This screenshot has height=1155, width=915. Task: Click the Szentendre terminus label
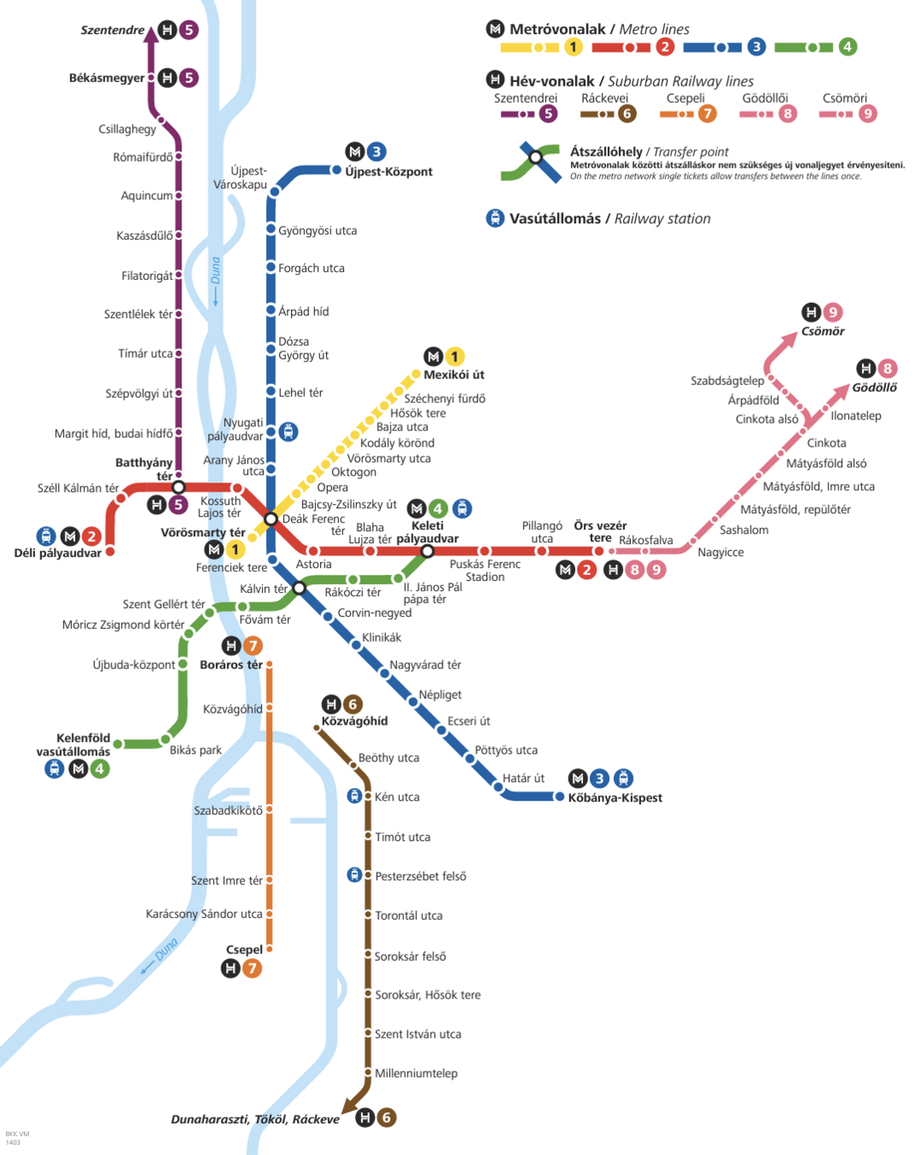(112, 30)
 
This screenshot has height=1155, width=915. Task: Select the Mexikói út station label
(454, 375)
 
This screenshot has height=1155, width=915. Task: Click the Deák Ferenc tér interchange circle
(270, 519)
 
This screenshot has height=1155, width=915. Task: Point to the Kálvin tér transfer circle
(299, 588)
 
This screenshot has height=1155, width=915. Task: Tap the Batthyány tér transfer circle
(178, 487)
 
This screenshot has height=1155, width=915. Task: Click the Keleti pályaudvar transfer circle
(427, 551)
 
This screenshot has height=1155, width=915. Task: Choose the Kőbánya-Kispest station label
(615, 797)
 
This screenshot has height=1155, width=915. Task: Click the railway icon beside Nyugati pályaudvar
(288, 432)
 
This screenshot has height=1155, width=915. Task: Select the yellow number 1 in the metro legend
(573, 47)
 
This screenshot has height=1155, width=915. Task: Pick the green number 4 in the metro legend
(847, 47)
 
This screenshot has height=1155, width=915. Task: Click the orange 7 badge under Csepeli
(707, 114)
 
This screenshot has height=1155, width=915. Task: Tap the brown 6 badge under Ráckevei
(627, 114)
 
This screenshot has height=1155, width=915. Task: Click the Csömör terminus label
(823, 331)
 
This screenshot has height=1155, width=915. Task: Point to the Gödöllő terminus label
(874, 388)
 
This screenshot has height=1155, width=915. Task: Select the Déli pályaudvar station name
(57, 553)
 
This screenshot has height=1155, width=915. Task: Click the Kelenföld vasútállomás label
(74, 744)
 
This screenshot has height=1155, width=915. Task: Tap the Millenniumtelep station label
(416, 1073)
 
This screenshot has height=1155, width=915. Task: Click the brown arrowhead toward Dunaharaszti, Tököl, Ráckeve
(349, 1105)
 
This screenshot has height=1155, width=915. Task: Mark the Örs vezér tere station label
(600, 531)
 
